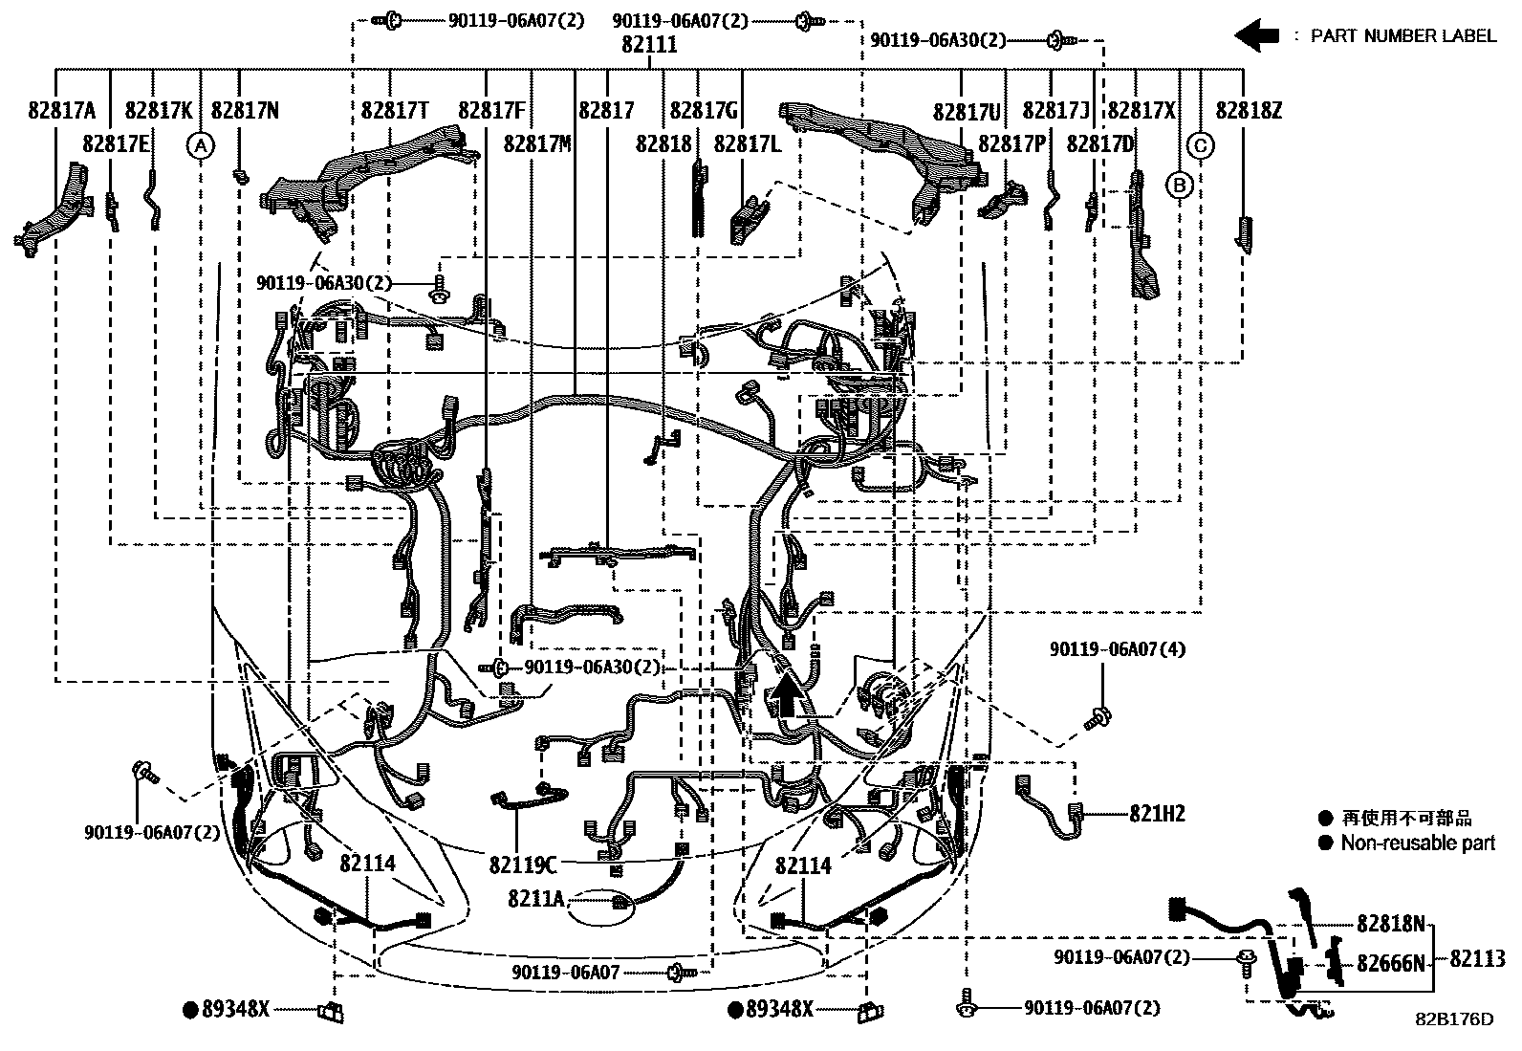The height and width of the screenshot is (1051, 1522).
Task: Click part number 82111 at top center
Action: point(649,45)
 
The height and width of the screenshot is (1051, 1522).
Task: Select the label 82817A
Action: point(62,111)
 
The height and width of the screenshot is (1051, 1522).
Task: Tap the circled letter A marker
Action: point(199,146)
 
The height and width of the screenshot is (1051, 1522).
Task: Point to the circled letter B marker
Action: point(1179,184)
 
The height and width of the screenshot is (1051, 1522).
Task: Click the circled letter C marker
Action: point(1201,146)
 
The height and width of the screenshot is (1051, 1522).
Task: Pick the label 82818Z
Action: point(1249,111)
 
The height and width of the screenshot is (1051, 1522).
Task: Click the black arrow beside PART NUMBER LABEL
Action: point(1256,36)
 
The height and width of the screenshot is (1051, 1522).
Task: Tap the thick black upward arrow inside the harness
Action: point(788,694)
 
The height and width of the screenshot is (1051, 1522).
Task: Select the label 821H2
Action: point(1157,814)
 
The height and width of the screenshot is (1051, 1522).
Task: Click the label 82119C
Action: point(522,865)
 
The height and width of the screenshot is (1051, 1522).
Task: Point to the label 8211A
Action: point(535,899)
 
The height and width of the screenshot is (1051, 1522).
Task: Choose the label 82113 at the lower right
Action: point(1477,959)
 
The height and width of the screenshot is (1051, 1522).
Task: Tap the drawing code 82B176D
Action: point(1454,1018)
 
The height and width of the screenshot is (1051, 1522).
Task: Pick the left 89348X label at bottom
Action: point(235,1008)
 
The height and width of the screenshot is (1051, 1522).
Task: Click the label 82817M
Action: point(537,144)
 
